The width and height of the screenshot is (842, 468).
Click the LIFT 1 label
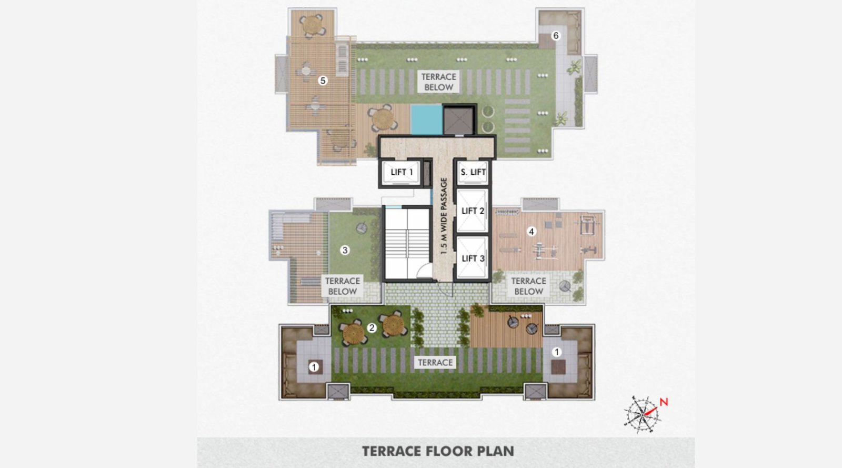pyautogui.click(x=402, y=172)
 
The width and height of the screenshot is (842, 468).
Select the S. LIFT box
pyautogui.click(x=473, y=172)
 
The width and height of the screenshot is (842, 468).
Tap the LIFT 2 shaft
pyautogui.click(x=472, y=211)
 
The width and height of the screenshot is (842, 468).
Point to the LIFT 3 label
pyautogui.click(x=473, y=258)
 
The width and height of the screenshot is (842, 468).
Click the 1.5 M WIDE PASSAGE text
pyautogui.click(x=444, y=216)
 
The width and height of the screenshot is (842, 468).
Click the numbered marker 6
pyautogui.click(x=556, y=36)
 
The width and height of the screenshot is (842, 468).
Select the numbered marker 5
pyautogui.click(x=323, y=81)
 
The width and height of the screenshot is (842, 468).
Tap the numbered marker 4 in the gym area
pyautogui.click(x=532, y=231)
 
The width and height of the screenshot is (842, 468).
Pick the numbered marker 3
pyautogui.click(x=345, y=250)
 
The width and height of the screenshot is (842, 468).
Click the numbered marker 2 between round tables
pyautogui.click(x=372, y=328)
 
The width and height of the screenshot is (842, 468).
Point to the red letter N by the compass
pyautogui.click(x=664, y=402)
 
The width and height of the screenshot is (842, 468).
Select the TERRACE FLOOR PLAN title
pyautogui.click(x=438, y=451)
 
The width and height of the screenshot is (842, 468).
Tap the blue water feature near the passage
pyautogui.click(x=426, y=119)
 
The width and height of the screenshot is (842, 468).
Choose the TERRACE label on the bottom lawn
pyautogui.click(x=435, y=362)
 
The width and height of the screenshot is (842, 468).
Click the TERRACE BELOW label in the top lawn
pyautogui.click(x=438, y=82)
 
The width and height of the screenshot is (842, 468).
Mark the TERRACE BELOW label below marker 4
pyautogui.click(x=528, y=286)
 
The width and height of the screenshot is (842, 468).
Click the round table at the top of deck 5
pyautogui.click(x=312, y=25)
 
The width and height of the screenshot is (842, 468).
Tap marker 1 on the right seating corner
pyautogui.click(x=557, y=352)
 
